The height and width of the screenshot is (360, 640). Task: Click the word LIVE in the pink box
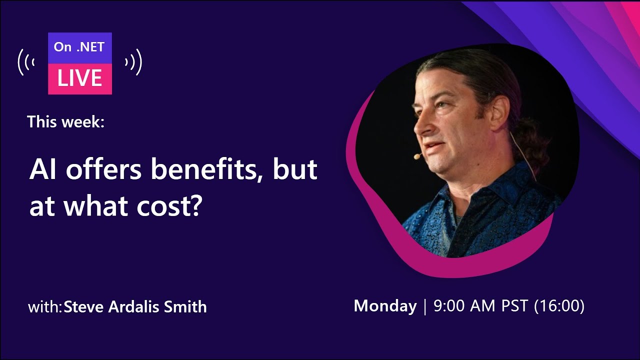(x=80, y=78)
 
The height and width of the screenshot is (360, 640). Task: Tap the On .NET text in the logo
(x=79, y=47)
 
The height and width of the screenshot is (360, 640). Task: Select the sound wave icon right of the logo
(x=133, y=62)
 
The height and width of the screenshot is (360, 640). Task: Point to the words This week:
(x=66, y=121)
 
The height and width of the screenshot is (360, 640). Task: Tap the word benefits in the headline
(x=208, y=170)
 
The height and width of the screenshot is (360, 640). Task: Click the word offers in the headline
(x=105, y=170)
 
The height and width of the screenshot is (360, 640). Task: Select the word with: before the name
(x=45, y=306)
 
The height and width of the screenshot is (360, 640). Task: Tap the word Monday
(x=385, y=306)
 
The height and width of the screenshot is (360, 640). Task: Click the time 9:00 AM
(x=462, y=306)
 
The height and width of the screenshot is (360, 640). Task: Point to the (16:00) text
(x=559, y=306)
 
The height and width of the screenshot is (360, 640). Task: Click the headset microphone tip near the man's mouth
(x=416, y=157)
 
